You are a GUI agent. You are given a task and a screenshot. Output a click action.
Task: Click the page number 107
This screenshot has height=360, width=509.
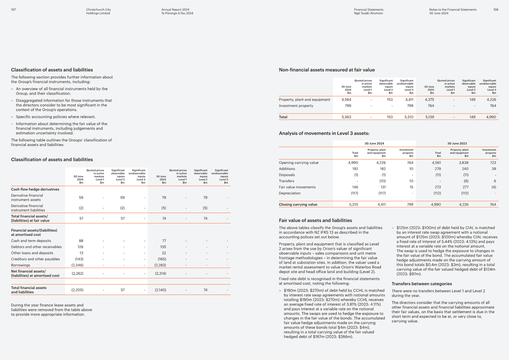(x=13, y=9)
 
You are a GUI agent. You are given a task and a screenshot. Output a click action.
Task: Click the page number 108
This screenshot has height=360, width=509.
(x=496, y=9)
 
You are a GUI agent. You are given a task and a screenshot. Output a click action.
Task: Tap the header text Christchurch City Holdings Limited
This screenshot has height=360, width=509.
(x=98, y=11)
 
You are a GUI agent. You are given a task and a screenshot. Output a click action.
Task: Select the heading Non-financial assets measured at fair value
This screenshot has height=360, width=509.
(x=327, y=70)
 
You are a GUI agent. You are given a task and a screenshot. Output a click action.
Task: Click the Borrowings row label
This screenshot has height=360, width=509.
(x=21, y=265)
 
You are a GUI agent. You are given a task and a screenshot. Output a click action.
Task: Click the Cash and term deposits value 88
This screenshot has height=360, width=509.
(x=81, y=241)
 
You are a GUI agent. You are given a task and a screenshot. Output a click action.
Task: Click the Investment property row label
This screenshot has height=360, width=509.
(x=296, y=106)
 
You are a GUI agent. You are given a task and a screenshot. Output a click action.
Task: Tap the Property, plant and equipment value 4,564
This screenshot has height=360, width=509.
(x=346, y=99)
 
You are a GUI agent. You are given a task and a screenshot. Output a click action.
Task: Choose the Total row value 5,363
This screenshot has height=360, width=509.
(x=346, y=117)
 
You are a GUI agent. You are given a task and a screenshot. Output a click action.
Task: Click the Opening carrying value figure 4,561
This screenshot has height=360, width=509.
(x=436, y=163)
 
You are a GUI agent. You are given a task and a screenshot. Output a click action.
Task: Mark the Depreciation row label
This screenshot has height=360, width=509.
(x=290, y=193)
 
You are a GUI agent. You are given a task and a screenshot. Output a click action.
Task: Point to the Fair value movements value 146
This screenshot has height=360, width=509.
(x=355, y=187)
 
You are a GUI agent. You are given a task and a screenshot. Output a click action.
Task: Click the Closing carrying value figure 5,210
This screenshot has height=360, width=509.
(x=354, y=205)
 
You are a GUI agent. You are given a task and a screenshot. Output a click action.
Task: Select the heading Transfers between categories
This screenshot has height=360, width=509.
(x=422, y=284)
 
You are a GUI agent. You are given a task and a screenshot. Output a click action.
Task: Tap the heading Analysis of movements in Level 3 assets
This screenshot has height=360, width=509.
(x=324, y=133)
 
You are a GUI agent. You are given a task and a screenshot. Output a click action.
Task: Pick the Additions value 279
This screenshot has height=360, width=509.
(x=438, y=169)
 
